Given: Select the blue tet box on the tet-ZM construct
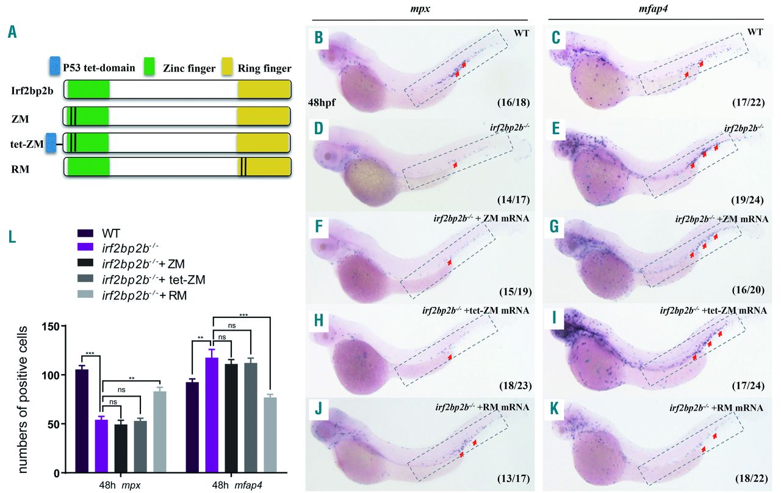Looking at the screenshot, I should click(51, 142).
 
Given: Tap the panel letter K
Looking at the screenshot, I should click(554, 409).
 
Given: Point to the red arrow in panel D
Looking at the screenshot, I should click(455, 165).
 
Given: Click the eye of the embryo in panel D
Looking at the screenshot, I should click(333, 156).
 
